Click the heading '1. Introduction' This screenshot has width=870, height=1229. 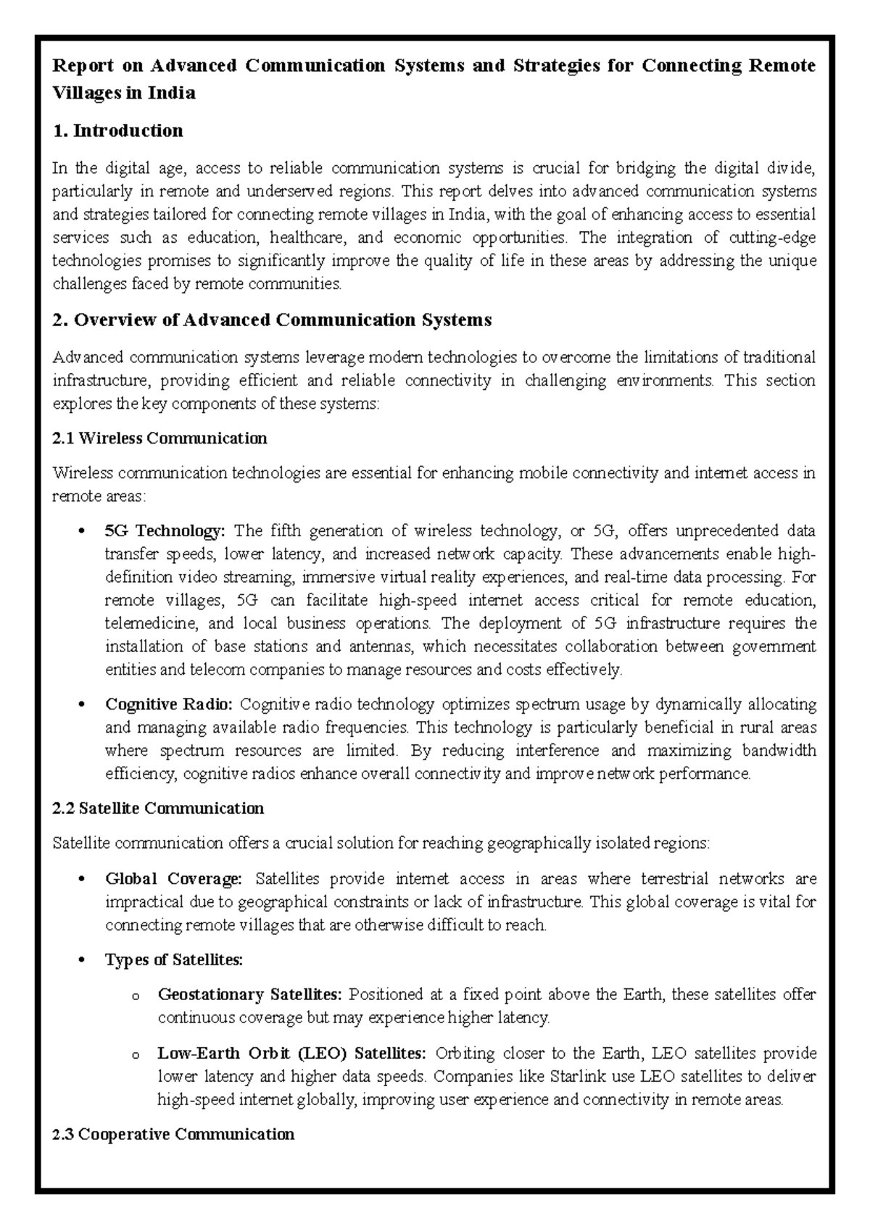pos(117,131)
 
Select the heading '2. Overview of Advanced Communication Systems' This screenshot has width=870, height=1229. pos(273,320)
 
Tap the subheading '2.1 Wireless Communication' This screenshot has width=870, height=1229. pos(160,438)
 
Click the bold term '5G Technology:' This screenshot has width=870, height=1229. pos(165,531)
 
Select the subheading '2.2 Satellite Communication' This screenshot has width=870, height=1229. pos(159,809)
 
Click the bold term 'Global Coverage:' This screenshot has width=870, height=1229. pos(173,879)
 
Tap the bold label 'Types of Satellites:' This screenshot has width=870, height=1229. pos(174,960)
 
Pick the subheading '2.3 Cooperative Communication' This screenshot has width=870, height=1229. pos(174,1135)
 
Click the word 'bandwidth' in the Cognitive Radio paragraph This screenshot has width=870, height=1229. pos(778,751)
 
